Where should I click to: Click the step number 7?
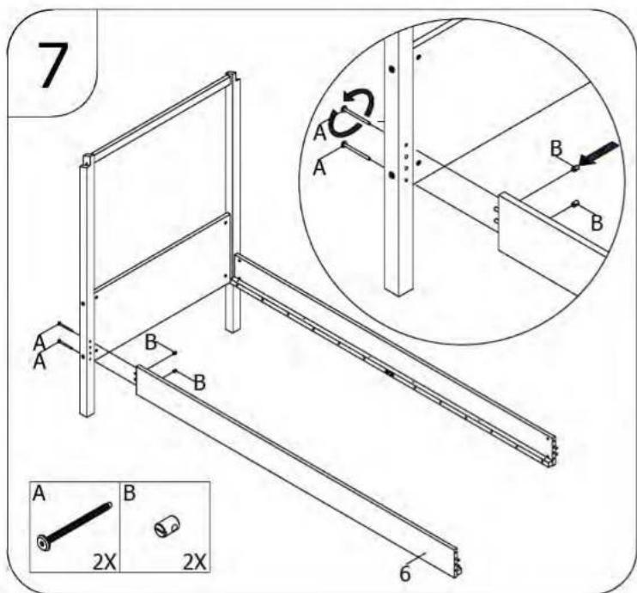click(54, 64)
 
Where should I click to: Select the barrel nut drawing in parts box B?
click(167, 526)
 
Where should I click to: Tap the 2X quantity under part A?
click(105, 563)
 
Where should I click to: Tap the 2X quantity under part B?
click(195, 563)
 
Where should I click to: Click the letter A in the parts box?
click(39, 493)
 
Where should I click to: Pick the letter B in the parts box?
click(129, 493)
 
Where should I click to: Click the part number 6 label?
click(405, 573)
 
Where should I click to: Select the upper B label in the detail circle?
click(556, 148)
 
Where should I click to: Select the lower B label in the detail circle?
click(597, 223)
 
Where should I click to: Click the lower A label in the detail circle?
click(319, 168)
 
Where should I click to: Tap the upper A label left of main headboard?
click(39, 343)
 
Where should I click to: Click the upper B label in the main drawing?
click(151, 342)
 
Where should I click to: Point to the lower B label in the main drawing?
click(199, 383)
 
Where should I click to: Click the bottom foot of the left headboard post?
click(87, 412)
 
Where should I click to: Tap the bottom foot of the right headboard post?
click(233, 328)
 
